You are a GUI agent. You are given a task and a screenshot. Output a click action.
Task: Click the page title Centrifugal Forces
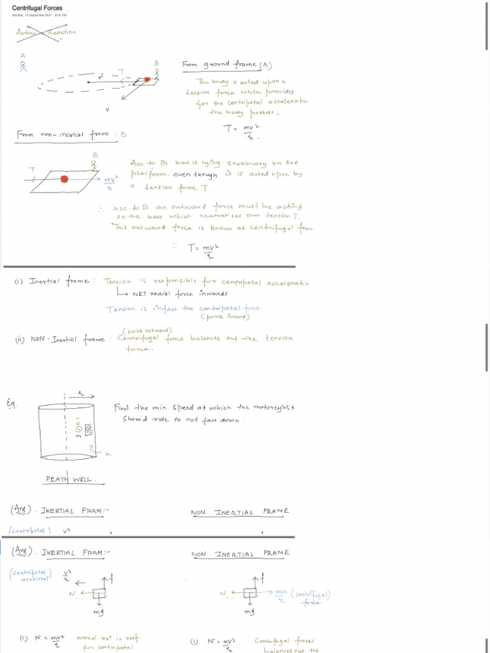[37, 8]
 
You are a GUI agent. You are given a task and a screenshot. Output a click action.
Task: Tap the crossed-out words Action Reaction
[46, 33]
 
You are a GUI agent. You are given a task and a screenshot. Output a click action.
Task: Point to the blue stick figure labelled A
[24, 65]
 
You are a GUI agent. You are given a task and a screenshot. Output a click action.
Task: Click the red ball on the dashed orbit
[147, 80]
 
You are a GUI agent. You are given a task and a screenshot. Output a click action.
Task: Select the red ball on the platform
[64, 179]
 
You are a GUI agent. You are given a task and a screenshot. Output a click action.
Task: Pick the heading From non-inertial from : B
[71, 135]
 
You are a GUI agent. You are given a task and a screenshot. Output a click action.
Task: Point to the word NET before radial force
[140, 294]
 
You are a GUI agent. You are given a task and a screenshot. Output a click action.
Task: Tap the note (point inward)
[225, 316]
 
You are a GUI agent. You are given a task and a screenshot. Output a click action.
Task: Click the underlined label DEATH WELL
[70, 479]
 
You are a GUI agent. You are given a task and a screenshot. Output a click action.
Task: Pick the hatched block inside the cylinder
[89, 430]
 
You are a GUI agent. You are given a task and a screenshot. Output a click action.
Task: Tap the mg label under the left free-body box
[98, 612]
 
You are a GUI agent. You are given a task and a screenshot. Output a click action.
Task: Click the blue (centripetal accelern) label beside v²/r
[31, 575]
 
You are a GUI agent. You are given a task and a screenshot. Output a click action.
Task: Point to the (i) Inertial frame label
[54, 281]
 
